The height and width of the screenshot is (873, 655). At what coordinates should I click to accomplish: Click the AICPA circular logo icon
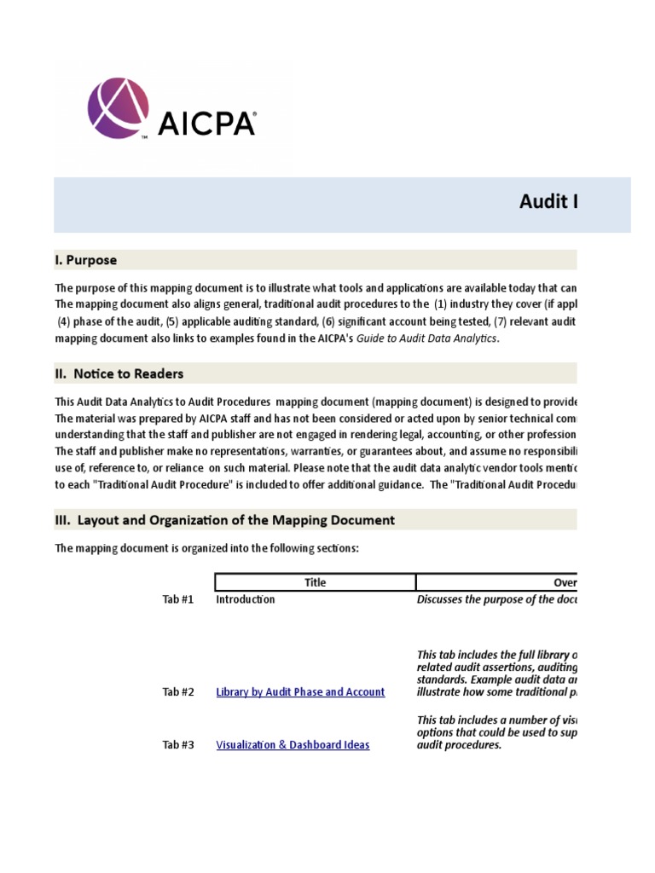tap(118, 108)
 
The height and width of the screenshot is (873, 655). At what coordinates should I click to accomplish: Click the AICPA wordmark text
tap(206, 124)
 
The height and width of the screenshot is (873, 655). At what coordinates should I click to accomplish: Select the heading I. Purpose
tap(86, 260)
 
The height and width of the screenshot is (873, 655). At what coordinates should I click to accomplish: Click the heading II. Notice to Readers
tap(119, 373)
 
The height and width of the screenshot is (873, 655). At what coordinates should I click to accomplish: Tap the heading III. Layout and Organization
tap(225, 520)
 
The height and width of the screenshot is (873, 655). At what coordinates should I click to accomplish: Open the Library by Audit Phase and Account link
tap(300, 692)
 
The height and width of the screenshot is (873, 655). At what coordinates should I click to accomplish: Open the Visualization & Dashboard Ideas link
tap(293, 745)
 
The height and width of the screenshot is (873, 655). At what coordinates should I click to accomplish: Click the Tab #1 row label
tap(178, 599)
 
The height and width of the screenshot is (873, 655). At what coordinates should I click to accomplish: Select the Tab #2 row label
tap(178, 692)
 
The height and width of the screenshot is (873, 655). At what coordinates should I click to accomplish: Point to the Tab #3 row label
tap(178, 745)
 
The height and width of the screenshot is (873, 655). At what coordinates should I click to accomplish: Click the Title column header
tap(315, 583)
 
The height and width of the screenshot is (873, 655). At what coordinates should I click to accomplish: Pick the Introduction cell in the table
tap(246, 599)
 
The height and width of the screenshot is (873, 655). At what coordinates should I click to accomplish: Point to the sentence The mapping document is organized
tap(207, 548)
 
